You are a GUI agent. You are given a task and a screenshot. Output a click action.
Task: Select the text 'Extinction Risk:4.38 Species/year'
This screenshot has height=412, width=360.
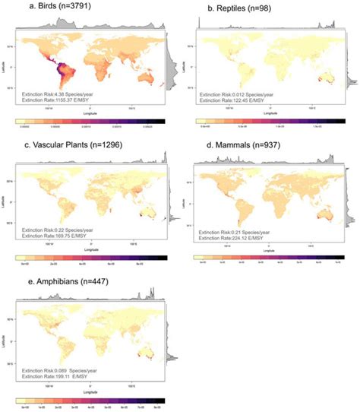click(x=59, y=93)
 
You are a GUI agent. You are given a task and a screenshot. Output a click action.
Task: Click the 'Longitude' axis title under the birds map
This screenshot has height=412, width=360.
click(x=93, y=112)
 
